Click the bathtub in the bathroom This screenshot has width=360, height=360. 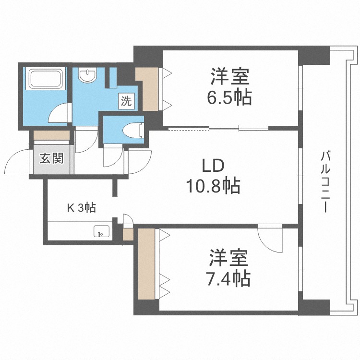tap(46, 79)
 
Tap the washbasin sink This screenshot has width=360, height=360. tap(87, 75)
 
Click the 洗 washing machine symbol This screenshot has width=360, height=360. tap(127, 101)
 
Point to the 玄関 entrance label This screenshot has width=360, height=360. tap(52, 158)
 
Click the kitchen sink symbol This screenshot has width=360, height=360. tap(101, 231)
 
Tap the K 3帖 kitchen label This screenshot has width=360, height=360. tap(81, 208)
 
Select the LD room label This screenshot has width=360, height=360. tap(213, 166)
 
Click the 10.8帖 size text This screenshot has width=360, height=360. tap(213, 185)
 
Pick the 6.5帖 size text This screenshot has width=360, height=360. tap(229, 97)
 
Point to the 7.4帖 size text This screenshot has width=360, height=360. tap(228, 278)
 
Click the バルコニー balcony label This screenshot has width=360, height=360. tap(325, 181)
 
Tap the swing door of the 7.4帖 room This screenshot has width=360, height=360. tap(270, 239)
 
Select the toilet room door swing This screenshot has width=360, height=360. tap(112, 156)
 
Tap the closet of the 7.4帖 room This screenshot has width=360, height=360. tap(146, 264)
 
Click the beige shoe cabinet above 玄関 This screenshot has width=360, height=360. tap(51, 135)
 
